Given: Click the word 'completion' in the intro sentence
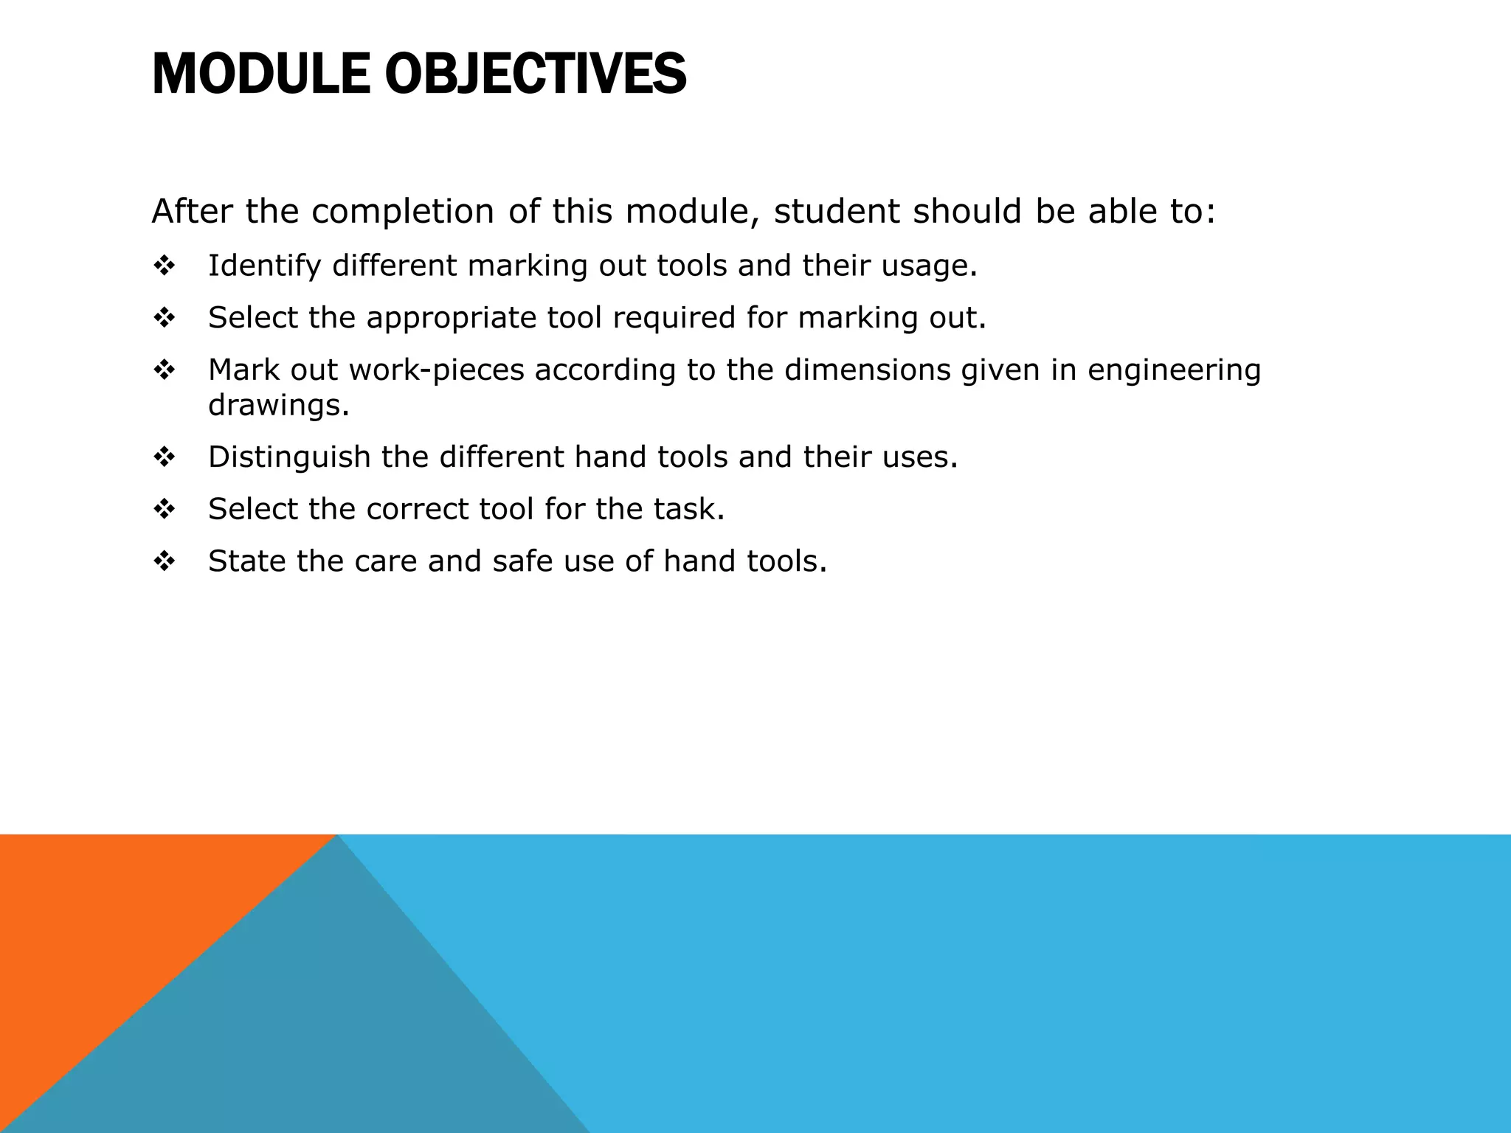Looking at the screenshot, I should click(402, 212).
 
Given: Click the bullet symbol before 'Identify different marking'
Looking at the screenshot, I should click(164, 266).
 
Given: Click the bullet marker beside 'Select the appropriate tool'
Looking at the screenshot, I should click(164, 318).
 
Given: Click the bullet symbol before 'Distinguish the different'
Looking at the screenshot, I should click(164, 457).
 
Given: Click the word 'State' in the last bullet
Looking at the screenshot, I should click(247, 561).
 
